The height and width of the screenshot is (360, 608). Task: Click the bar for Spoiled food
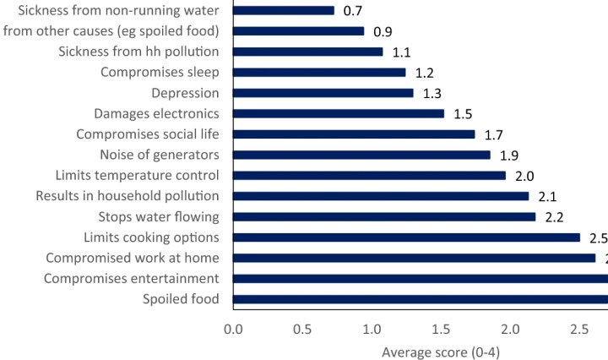coord(420,299)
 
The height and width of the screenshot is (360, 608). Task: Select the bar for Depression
coord(323,93)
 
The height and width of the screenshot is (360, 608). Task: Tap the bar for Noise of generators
coord(361,155)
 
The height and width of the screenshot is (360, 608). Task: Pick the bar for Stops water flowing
coord(384,217)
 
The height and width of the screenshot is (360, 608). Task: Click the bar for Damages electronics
coord(339,113)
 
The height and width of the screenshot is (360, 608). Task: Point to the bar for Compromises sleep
coord(319,73)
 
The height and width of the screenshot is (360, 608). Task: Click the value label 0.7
coord(351,11)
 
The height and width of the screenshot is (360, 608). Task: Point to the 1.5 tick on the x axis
coord(440,328)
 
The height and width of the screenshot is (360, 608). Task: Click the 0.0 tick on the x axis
coord(233,328)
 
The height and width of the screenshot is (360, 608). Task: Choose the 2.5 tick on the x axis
coord(578,328)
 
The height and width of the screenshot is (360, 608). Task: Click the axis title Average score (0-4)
coord(441,351)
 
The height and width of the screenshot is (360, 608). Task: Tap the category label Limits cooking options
coord(151,237)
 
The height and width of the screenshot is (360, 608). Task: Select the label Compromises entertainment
coord(132,279)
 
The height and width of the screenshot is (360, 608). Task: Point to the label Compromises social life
coord(148,134)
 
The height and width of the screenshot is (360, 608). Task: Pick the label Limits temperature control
coord(137,176)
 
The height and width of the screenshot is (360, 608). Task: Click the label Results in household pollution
coord(128,196)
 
